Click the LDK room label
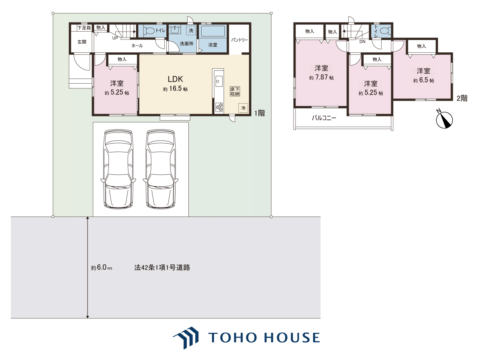175,79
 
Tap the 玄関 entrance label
82,42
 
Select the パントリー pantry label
240,40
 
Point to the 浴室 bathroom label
212,45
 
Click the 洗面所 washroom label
186,44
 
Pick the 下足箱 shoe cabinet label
84,28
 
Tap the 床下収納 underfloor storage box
235,91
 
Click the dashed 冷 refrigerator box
243,108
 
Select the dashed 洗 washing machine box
191,30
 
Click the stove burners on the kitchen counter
219,108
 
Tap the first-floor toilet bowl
150,31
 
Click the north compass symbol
444,120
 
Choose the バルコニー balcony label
324,118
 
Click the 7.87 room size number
321,77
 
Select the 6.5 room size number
423,80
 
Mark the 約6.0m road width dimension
102,267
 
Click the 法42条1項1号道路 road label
162,267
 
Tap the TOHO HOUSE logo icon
186,338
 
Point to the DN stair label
362,42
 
